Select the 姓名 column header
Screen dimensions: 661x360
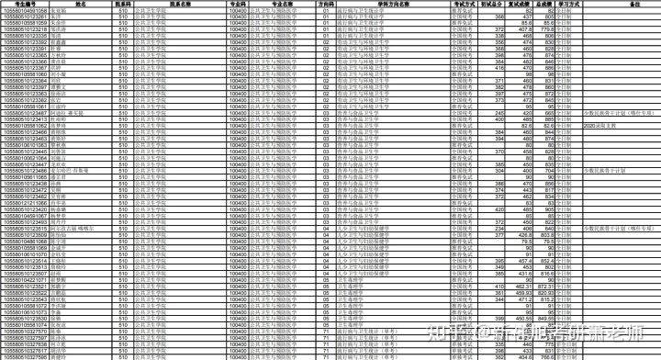(82, 4)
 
